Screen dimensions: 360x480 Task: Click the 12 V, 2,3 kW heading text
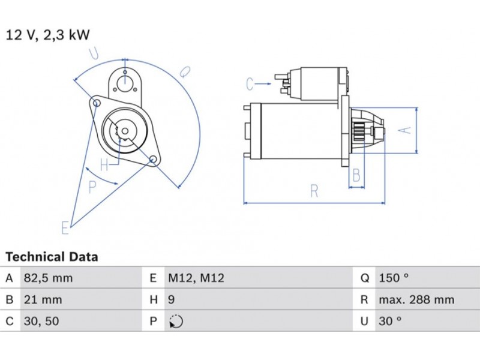tap(48, 35)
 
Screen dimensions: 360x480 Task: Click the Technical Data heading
tap(52, 257)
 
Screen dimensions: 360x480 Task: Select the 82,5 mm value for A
tap(47, 278)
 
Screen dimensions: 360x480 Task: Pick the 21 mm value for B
tap(42, 299)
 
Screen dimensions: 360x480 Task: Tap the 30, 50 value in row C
tap(41, 321)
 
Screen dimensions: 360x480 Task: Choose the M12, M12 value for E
tap(196, 278)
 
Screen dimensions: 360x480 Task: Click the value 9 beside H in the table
tap(171, 299)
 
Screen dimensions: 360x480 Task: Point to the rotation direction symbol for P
tap(176, 322)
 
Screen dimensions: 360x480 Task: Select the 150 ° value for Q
tap(394, 278)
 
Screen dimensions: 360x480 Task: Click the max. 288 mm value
tap(416, 299)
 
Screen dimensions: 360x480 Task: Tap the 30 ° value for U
tap(390, 321)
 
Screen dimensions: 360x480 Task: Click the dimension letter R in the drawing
tap(314, 191)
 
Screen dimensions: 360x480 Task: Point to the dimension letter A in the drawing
tap(406, 130)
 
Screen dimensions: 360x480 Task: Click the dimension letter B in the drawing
tap(356, 176)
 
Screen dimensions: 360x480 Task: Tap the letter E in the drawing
tap(65, 227)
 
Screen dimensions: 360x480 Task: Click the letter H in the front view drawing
tap(104, 164)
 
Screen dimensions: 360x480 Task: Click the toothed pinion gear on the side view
tap(361, 130)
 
